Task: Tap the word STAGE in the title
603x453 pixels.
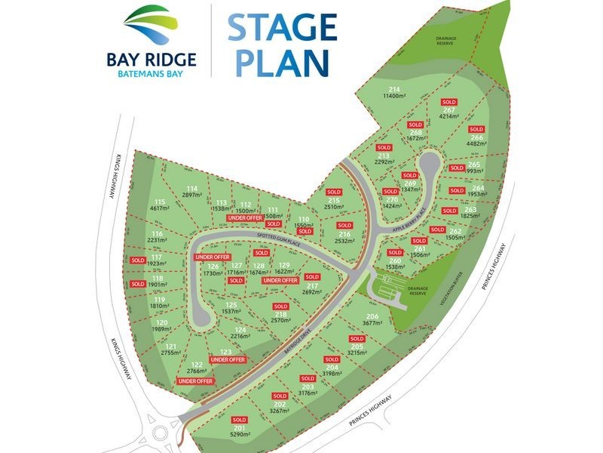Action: click(280, 27)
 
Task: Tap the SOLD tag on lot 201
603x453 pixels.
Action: click(240, 420)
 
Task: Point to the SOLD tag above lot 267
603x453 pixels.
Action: click(449, 102)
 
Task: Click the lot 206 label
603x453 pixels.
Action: click(372, 316)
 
